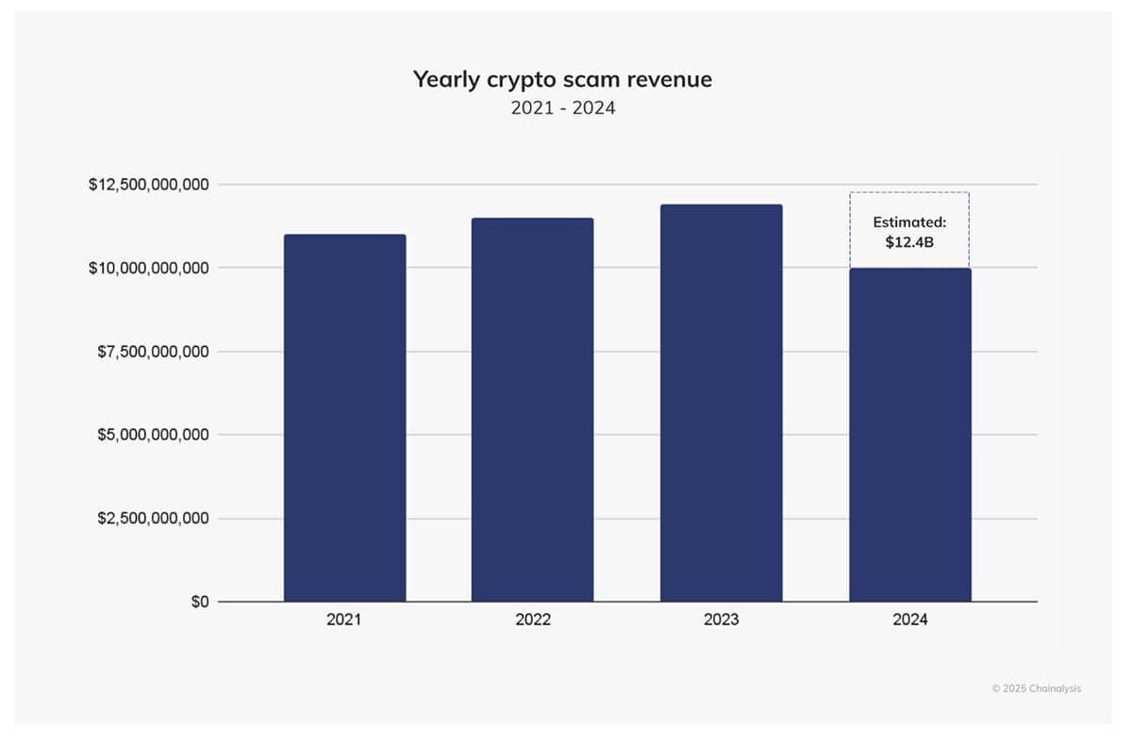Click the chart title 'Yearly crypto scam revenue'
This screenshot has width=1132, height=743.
pos(562,80)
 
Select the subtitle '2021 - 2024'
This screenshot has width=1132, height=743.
pos(563,108)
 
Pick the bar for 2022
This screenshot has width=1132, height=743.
pos(532,409)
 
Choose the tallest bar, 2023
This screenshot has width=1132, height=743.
pos(721,403)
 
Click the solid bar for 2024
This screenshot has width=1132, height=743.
pos(909,435)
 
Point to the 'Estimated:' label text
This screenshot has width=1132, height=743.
pos(909,223)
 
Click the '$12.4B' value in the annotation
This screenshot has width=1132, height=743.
pos(909,242)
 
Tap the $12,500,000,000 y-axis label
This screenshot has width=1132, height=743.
pos(149,185)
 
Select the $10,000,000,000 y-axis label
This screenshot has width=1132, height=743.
pos(149,269)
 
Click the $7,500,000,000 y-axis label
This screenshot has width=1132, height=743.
pos(153,352)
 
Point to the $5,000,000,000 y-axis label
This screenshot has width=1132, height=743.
pos(153,436)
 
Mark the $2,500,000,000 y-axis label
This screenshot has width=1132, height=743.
pos(153,519)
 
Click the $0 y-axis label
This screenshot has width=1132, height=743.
pos(199,602)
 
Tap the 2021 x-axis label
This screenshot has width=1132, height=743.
pos(344,620)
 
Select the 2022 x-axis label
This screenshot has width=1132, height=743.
pos(532,620)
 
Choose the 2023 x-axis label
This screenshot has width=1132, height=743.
pos(721,620)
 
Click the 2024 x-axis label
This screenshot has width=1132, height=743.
pos(909,620)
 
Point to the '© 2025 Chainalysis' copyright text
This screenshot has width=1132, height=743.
pos(1037,688)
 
